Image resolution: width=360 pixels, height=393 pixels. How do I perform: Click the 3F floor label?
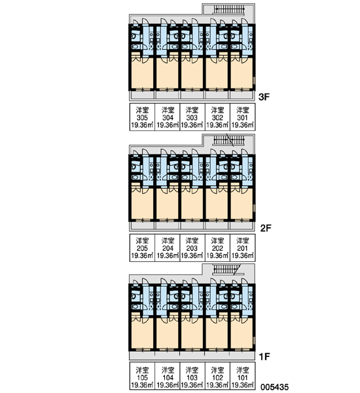(x=264, y=97)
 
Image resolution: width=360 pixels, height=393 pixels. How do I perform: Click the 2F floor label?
(x=266, y=228)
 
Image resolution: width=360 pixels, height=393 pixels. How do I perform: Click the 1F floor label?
(x=264, y=356)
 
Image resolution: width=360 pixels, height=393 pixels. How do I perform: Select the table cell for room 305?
(x=142, y=117)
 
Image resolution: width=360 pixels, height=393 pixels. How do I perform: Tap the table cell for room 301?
(x=242, y=117)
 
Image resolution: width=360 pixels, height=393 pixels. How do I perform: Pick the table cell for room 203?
(x=192, y=248)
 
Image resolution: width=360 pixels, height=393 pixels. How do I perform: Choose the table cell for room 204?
(x=168, y=248)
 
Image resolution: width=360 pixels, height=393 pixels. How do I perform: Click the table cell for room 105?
(x=142, y=376)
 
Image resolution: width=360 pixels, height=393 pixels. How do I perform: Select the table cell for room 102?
(x=217, y=376)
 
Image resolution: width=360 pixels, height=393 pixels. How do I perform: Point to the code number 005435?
(x=274, y=387)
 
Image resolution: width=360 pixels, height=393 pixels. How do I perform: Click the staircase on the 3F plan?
(x=228, y=10)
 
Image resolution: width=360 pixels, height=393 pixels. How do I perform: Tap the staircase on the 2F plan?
(x=228, y=140)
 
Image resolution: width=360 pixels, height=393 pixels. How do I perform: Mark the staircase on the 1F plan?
(x=225, y=270)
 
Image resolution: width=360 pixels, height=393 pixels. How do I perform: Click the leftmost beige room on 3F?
(x=142, y=73)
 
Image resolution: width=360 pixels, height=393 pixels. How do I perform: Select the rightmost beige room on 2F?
(x=242, y=204)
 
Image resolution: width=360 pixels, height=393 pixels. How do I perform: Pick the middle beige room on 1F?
(x=192, y=333)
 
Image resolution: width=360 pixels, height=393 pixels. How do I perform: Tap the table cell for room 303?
(x=192, y=117)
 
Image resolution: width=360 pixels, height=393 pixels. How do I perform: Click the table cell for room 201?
(x=242, y=248)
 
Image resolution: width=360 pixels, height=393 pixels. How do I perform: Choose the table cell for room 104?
(x=168, y=376)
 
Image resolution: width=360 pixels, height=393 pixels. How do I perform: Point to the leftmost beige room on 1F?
(x=142, y=333)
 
